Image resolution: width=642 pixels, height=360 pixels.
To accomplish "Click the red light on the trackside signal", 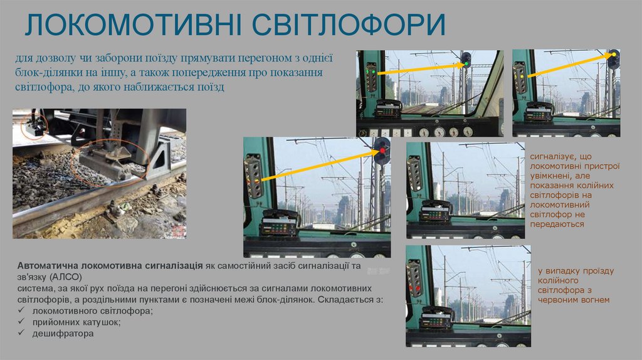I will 382,152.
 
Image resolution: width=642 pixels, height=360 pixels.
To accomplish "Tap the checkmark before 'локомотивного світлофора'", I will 22,311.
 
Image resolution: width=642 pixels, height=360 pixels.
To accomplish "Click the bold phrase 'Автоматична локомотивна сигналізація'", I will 109,265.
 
